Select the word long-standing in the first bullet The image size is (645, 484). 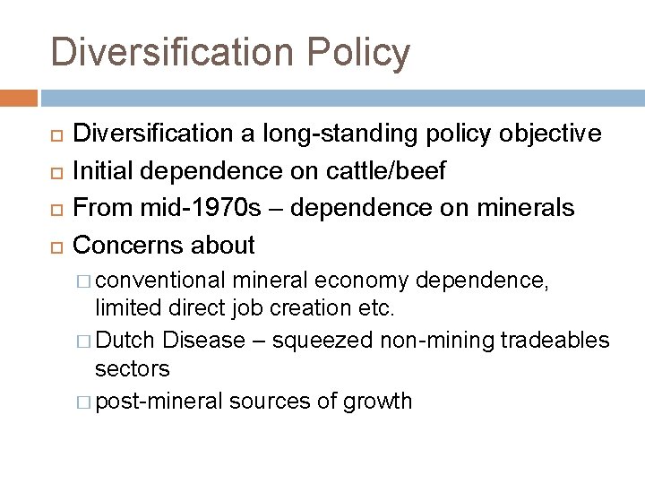329,134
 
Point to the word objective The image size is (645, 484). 547,134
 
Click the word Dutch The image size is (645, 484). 126,341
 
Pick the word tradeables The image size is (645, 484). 555,341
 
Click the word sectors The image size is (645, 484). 133,367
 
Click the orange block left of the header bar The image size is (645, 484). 19,97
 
